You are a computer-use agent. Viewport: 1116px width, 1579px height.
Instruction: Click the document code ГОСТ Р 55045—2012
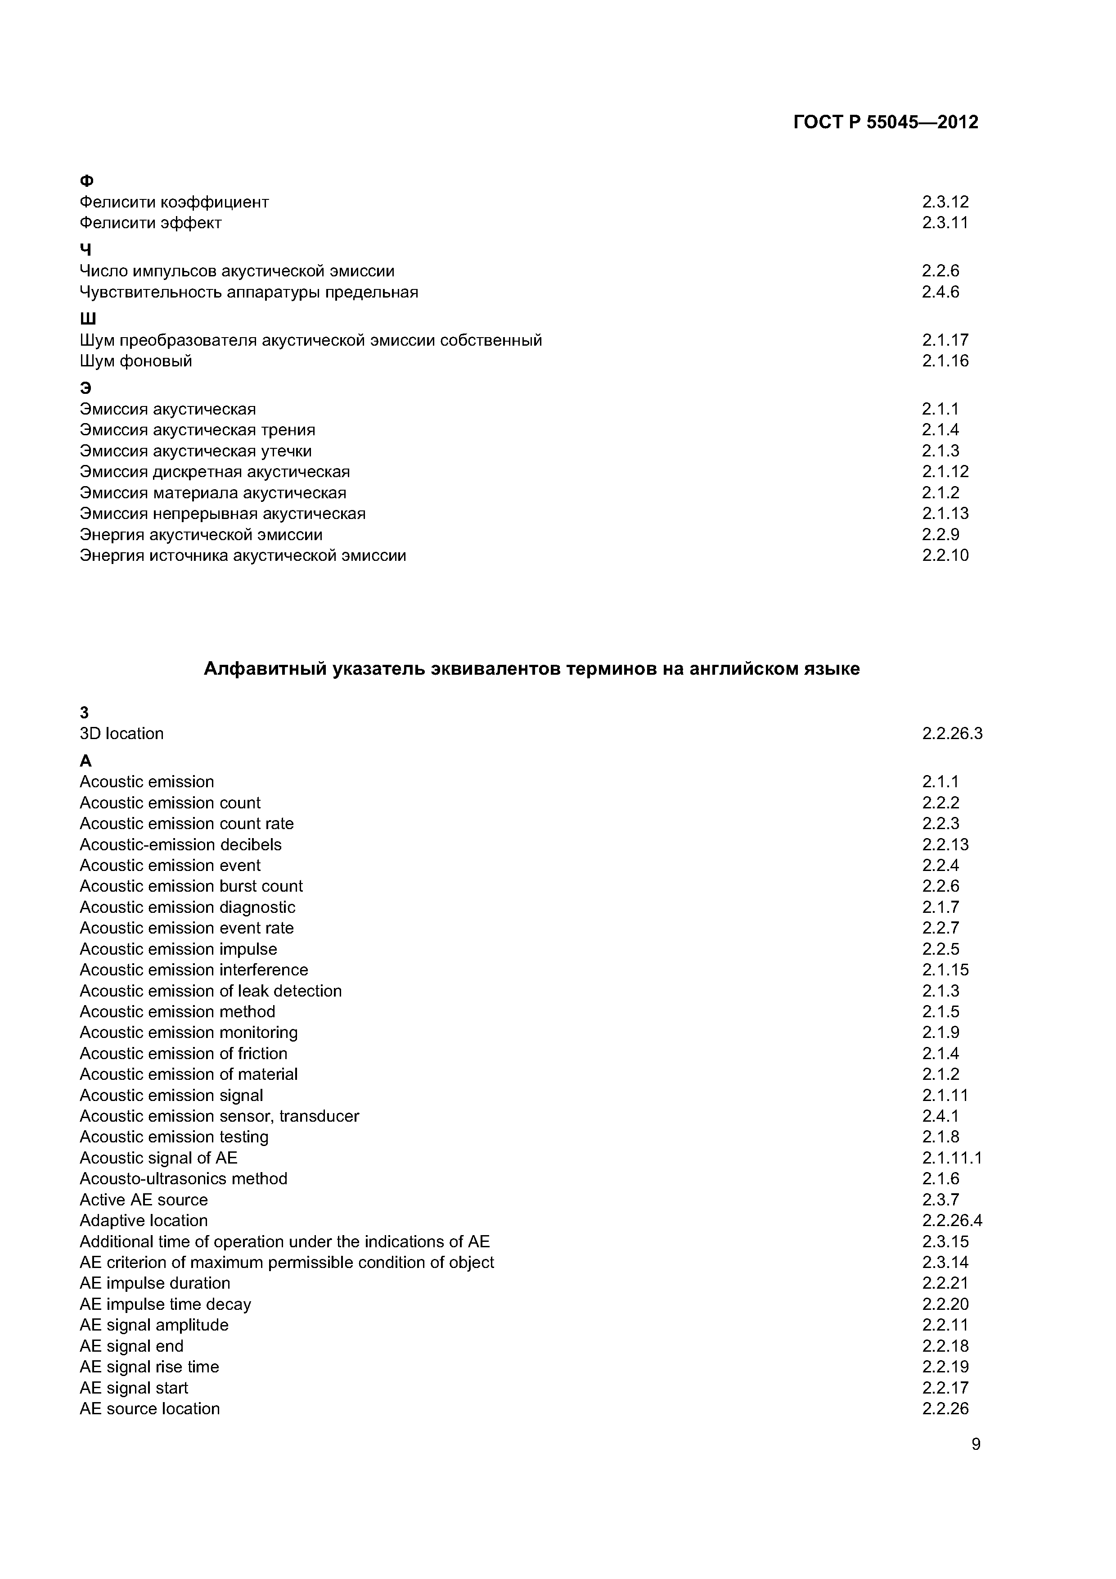885,122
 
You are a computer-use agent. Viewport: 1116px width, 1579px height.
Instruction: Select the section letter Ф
87,181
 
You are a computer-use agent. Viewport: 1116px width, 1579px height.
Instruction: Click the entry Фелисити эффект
151,223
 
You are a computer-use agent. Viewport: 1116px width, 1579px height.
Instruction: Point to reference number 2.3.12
945,202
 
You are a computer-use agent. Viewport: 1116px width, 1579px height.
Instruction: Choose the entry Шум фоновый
135,361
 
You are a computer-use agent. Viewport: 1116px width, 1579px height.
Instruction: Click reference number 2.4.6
940,292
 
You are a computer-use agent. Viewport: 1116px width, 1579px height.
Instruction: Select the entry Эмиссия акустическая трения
198,430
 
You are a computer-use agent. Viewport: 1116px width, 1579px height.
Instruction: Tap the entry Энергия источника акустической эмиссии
243,556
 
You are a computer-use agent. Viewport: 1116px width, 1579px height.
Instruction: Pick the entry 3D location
121,734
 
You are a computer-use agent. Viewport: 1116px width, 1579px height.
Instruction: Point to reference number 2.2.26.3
952,734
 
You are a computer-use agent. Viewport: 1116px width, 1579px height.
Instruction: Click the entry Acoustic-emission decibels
180,844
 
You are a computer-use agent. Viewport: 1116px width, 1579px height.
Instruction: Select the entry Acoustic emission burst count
191,886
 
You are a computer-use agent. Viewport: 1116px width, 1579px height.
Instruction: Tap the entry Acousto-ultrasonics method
183,1179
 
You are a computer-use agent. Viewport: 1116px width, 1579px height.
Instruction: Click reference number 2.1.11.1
952,1158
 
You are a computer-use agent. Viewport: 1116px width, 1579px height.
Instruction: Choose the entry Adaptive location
143,1221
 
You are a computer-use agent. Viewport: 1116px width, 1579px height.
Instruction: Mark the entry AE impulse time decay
165,1304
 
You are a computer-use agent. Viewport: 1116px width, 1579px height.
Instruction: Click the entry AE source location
149,1409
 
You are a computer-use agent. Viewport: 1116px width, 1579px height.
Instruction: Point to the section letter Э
85,388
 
